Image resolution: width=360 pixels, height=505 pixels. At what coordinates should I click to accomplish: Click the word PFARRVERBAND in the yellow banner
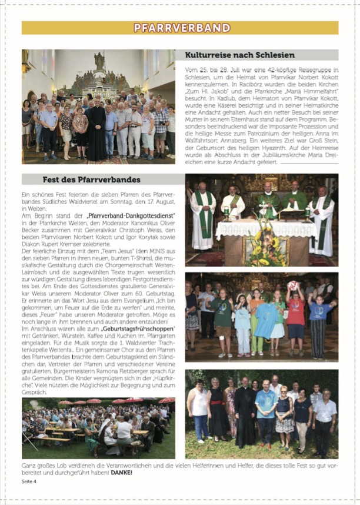pos(181,28)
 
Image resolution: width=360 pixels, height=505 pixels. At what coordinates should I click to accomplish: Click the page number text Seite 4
pos(29,481)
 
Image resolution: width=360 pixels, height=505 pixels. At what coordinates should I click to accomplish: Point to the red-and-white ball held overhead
pos(292,285)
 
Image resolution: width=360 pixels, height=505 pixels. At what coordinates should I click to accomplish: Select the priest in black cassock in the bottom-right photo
pos(244,415)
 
